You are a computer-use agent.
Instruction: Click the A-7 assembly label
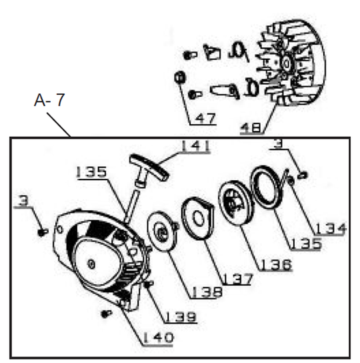[49, 101]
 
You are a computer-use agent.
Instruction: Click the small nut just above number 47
[178, 78]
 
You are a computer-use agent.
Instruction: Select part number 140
[157, 338]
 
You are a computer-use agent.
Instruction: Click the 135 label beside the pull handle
[91, 171]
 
